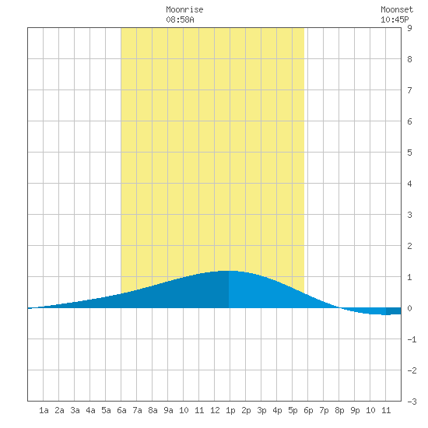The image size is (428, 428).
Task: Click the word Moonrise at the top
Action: click(x=184, y=9)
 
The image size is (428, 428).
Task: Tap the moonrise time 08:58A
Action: click(x=180, y=19)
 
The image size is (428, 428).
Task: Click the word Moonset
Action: click(x=397, y=9)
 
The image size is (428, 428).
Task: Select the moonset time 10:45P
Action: click(x=395, y=19)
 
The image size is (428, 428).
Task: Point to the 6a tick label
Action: click(x=121, y=410)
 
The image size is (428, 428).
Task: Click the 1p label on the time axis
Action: click(x=230, y=410)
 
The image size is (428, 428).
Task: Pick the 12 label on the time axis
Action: click(x=215, y=410)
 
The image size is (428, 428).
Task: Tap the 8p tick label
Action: click(x=339, y=410)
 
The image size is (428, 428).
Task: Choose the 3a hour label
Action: click(x=75, y=410)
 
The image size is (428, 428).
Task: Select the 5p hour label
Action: click(x=293, y=410)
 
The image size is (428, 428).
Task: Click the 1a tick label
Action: click(x=44, y=410)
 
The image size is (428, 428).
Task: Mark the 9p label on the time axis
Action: click(x=355, y=410)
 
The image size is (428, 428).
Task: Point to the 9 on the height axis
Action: click(x=409, y=28)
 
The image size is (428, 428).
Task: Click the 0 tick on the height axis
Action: click(x=409, y=308)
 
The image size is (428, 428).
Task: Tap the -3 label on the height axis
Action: click(x=412, y=402)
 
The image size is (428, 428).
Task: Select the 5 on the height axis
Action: click(x=409, y=153)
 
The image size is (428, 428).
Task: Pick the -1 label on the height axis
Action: click(x=412, y=339)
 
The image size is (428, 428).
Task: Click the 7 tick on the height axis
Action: click(x=409, y=90)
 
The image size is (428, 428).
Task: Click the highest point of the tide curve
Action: click(x=228, y=271)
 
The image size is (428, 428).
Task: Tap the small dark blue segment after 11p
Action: click(x=393, y=311)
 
